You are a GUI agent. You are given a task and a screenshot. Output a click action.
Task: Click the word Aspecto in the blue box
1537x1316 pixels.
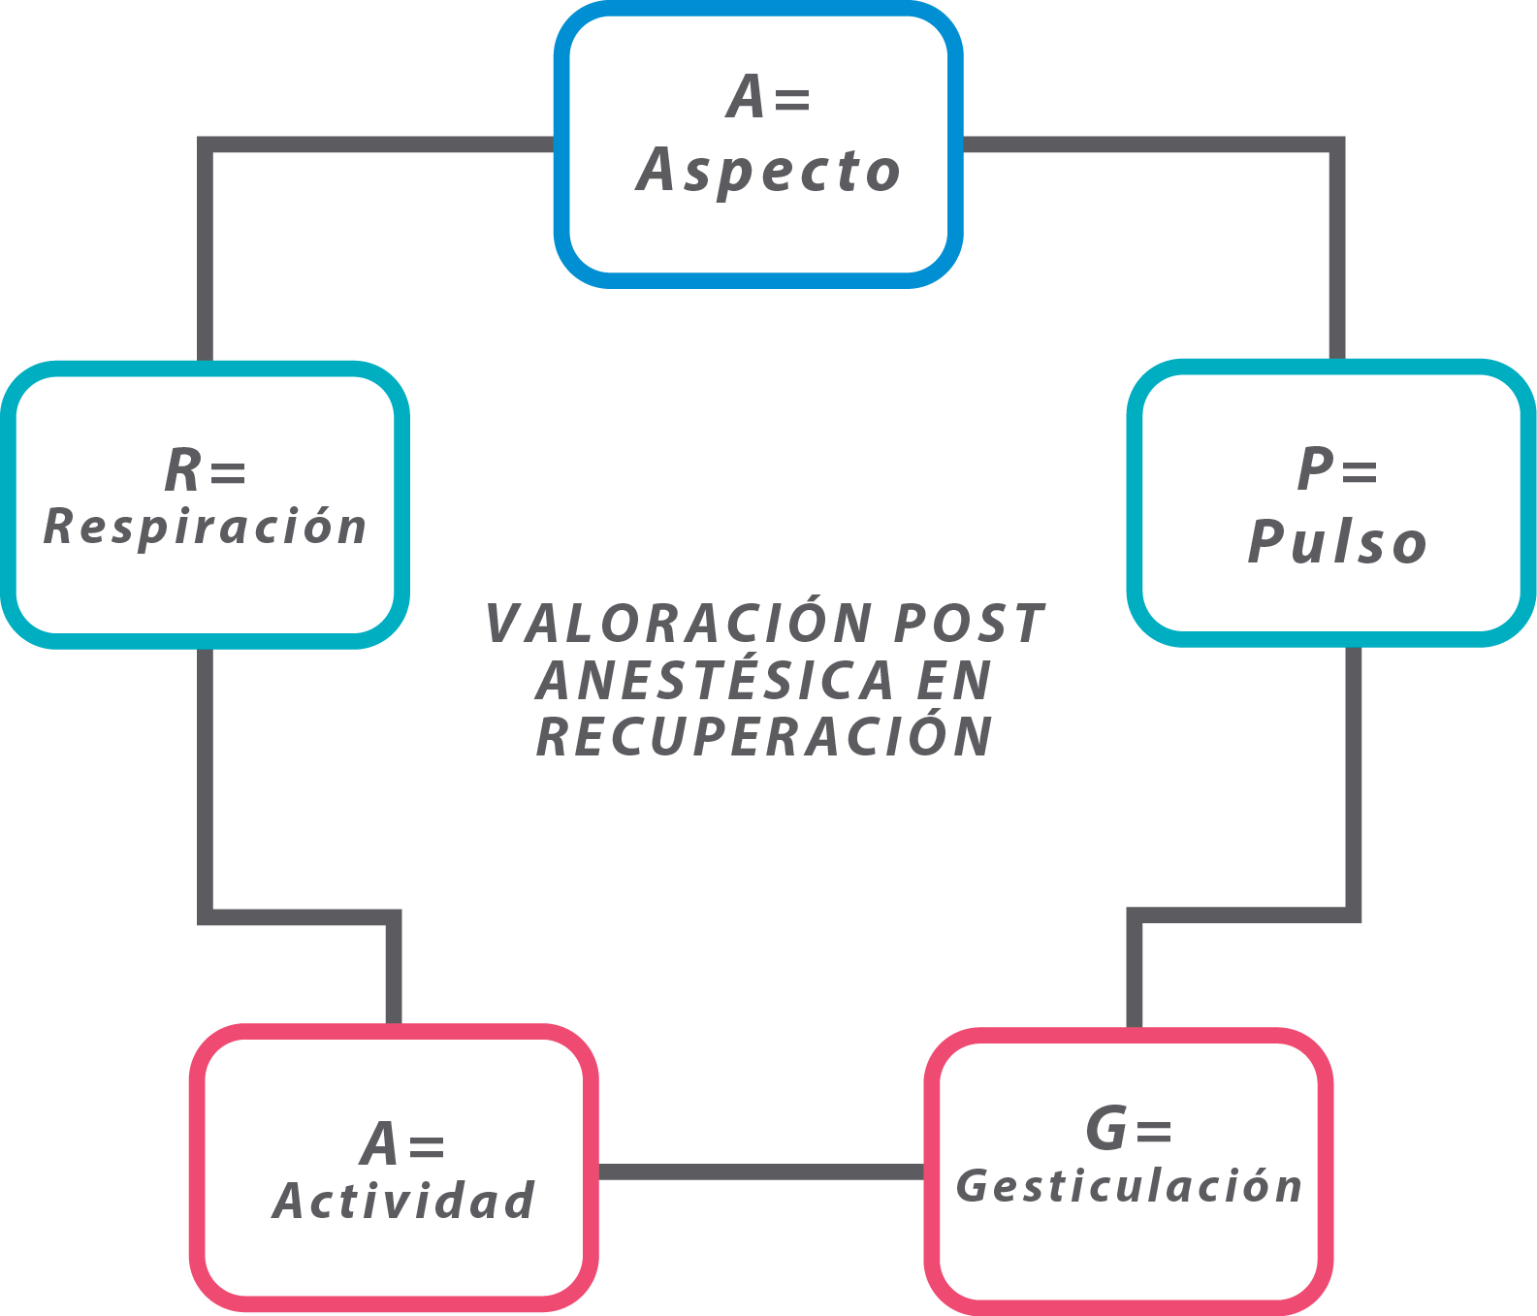[769, 172]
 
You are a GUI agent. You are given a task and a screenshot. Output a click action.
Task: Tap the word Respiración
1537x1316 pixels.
[206, 527]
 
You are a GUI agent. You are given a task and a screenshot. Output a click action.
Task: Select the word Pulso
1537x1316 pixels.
[1337, 541]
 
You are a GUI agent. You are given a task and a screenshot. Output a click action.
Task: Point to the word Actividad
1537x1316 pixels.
[403, 1201]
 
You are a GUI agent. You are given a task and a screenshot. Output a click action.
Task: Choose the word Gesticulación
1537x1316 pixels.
[1130, 1186]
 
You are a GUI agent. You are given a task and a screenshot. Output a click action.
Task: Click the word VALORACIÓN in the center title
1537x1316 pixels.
[680, 623]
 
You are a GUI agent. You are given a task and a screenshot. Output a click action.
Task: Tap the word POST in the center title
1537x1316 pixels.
[969, 623]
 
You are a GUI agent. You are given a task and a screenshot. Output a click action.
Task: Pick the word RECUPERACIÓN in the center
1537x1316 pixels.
[765, 736]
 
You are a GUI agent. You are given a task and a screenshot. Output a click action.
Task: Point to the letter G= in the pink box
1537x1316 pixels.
[1129, 1129]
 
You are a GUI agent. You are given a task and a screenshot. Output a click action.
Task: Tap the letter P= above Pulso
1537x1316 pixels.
[1338, 470]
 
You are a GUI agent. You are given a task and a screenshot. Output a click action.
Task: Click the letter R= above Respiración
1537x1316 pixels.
[206, 470]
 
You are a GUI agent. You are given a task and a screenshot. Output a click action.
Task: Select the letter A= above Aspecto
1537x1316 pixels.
[769, 98]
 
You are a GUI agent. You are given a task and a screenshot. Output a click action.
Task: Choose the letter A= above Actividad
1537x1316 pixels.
[402, 1143]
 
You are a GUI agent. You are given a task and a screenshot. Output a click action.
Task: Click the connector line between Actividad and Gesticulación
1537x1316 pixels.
[761, 1172]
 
